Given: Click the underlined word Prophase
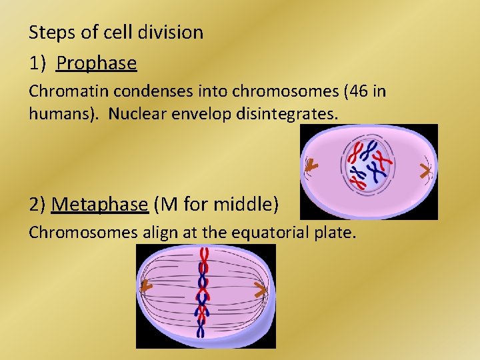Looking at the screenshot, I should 97,63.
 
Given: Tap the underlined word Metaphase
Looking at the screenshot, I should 99,204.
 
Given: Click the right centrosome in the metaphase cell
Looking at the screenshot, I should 261,289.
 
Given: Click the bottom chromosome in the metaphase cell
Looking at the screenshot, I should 201,328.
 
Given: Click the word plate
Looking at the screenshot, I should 337,233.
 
